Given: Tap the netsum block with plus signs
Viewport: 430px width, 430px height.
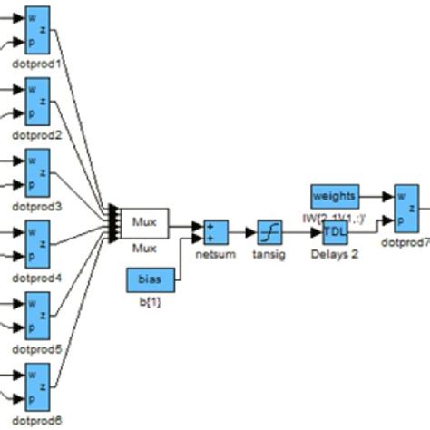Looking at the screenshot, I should [x=216, y=233].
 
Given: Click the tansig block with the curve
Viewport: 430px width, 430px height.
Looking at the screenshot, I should [x=269, y=233].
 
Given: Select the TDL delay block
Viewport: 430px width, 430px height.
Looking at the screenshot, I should [x=335, y=233].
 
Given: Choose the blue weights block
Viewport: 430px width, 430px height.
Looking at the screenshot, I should [x=335, y=197].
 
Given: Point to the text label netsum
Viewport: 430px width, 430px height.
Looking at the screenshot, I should [x=216, y=255].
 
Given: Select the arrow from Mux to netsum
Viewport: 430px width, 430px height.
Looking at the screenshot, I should [x=186, y=227].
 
